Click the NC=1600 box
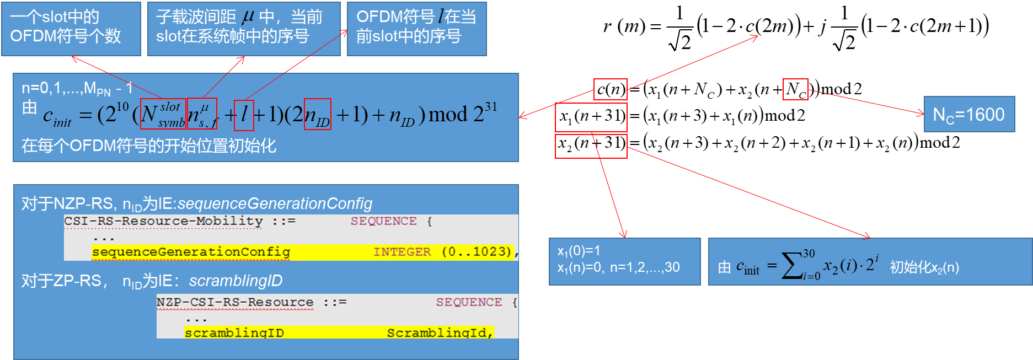[969, 115]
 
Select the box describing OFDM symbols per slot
[71, 29]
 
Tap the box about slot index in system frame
[244, 29]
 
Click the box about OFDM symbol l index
[416, 29]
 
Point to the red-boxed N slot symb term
[163, 114]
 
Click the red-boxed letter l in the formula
[244, 115]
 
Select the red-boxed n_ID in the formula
[318, 115]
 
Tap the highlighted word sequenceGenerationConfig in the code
[191, 252]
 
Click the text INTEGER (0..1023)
[443, 252]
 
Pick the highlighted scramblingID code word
[234, 333]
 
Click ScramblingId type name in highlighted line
[439, 333]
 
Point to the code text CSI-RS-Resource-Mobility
[163, 221]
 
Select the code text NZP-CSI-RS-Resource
[235, 302]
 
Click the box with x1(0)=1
[624, 261]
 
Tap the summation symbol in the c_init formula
[792, 266]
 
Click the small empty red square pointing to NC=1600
[795, 89]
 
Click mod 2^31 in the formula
[462, 114]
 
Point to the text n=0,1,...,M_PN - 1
[77, 88]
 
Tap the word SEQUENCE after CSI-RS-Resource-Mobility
[384, 221]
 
